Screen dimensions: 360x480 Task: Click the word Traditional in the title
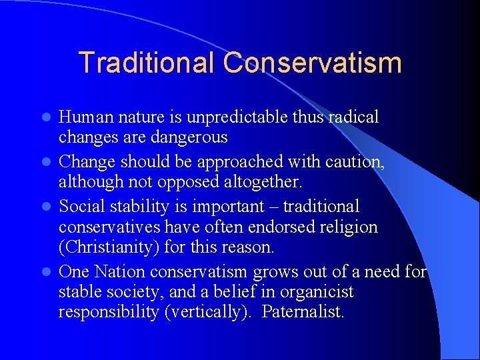point(147,63)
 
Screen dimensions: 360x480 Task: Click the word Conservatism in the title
point(313,63)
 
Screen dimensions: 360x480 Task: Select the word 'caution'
point(357,163)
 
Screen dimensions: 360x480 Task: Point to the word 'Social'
point(82,207)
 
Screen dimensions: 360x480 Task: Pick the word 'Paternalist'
point(303,311)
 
